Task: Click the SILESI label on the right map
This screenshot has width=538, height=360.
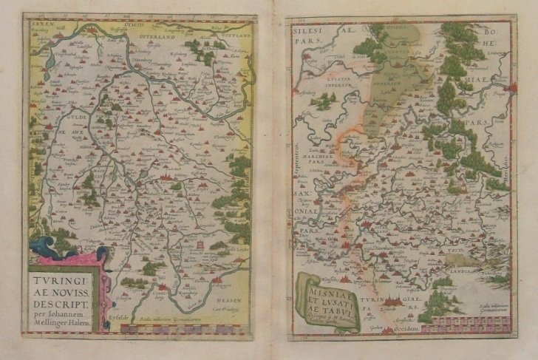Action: click(308, 34)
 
